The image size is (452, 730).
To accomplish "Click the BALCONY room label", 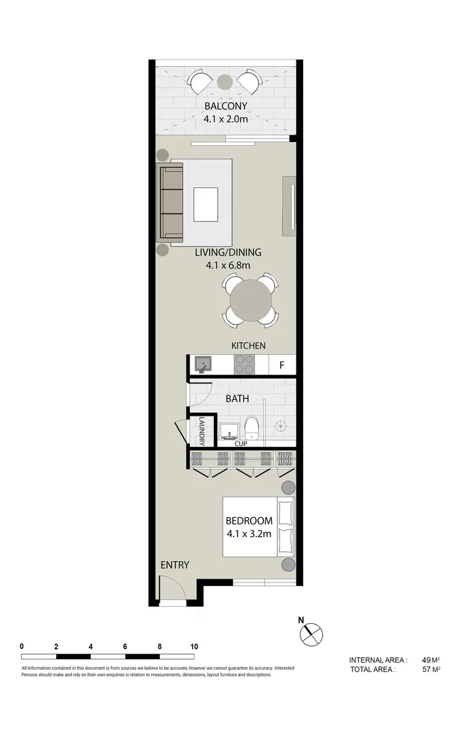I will click(226, 106).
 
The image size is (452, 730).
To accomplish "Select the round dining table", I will click(250, 298).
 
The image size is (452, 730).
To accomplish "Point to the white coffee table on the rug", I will click(206, 205).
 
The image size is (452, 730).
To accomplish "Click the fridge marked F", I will click(281, 366).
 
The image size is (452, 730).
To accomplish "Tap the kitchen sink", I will click(203, 366).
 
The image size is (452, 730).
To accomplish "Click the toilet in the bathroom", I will click(252, 427).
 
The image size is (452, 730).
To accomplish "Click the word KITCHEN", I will click(248, 345).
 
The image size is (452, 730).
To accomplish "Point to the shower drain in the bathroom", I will click(281, 426).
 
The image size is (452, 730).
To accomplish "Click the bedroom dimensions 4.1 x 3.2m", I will click(249, 534).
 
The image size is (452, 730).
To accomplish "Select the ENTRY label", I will click(175, 565).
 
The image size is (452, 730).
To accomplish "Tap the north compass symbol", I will click(311, 634).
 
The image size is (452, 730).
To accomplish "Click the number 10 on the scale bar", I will click(194, 647).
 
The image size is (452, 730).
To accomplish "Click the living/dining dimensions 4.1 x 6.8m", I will click(228, 266).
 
